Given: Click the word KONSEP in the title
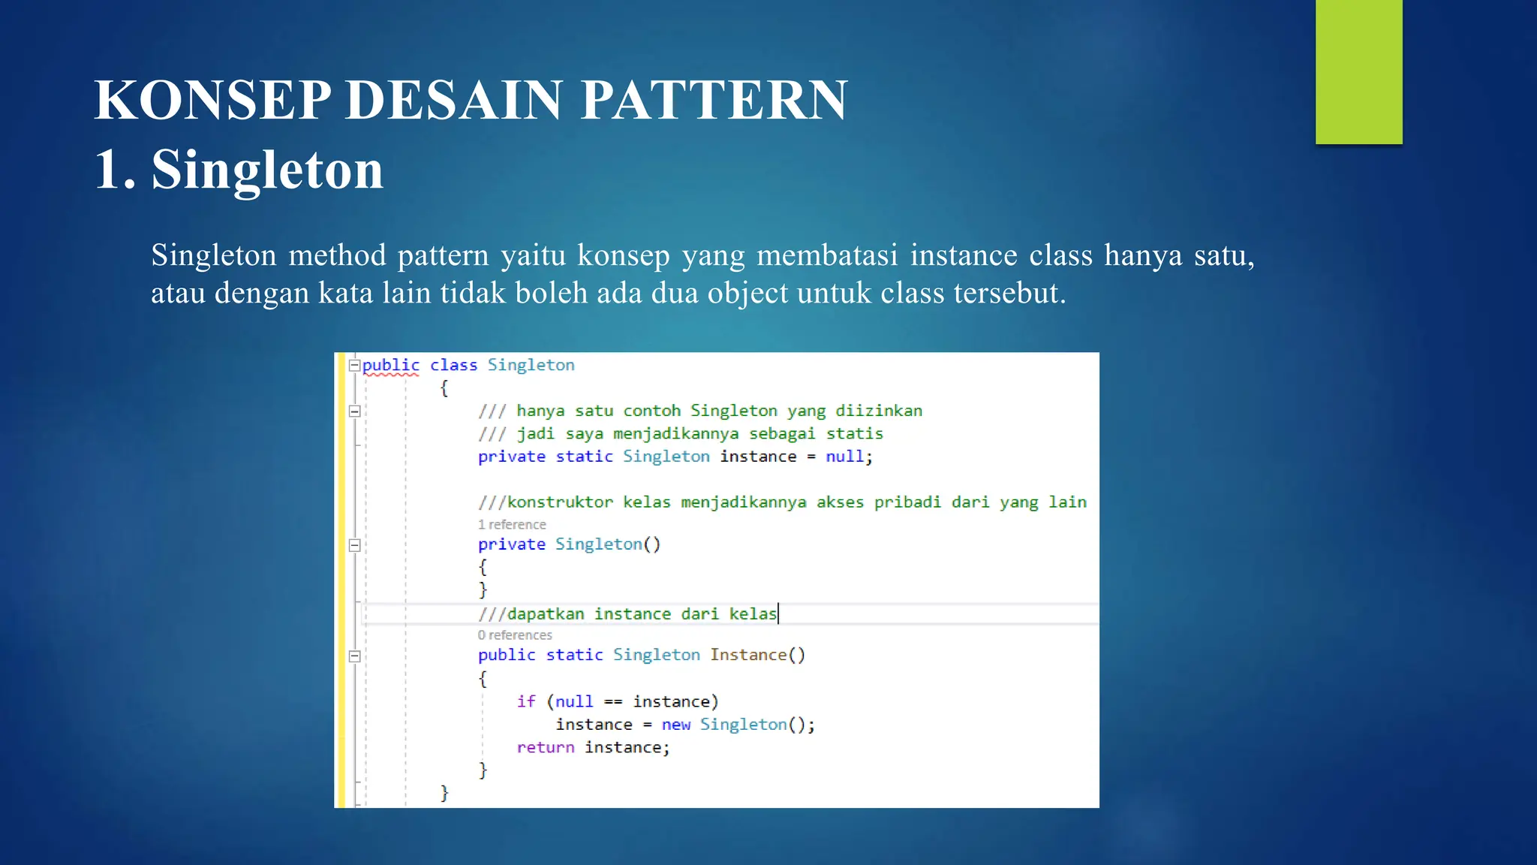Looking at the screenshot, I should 212,100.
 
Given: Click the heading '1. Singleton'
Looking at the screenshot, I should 239,169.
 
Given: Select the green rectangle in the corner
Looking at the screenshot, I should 1358,71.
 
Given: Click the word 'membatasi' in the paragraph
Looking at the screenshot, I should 827,255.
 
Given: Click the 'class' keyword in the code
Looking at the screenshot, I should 453,365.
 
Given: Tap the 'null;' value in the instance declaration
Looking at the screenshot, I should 849,457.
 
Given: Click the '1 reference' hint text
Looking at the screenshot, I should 512,524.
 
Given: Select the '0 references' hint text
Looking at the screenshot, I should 515,635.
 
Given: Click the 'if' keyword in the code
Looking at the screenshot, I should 526,701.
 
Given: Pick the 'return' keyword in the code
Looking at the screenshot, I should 546,747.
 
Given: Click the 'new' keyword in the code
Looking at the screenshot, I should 675,725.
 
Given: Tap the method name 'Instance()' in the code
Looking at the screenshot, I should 757,655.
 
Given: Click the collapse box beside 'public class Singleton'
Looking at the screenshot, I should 354,366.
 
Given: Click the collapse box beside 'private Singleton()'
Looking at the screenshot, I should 354,545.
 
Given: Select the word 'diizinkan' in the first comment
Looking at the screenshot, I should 879,411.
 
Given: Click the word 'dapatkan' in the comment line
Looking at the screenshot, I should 546,614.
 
